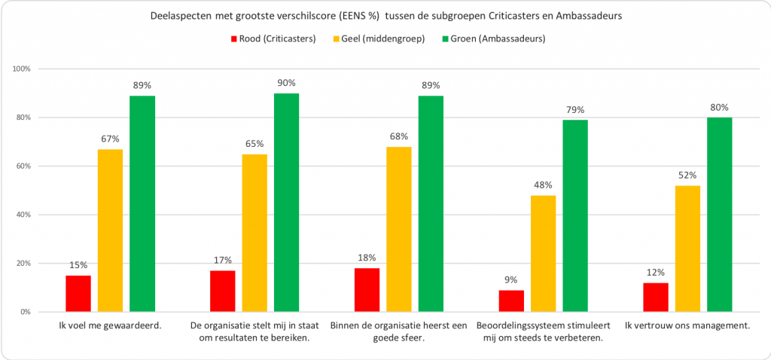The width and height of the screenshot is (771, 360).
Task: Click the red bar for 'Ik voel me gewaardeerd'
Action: click(78, 294)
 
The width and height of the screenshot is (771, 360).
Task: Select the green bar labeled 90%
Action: click(285, 203)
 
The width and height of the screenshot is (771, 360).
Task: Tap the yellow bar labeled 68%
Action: click(398, 229)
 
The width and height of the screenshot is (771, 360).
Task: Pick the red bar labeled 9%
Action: click(511, 301)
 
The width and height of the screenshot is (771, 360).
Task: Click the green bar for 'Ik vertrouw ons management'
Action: click(719, 215)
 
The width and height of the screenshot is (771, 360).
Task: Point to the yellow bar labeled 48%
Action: click(543, 253)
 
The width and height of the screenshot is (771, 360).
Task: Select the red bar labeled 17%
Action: click(222, 291)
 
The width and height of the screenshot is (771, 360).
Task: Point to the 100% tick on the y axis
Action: click(22, 69)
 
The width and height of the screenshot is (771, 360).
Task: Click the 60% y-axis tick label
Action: click(23, 166)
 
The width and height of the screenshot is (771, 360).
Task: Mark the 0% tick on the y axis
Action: click(25, 312)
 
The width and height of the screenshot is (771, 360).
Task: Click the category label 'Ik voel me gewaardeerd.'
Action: click(110, 326)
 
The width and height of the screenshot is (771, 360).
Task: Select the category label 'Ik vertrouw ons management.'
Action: click(687, 326)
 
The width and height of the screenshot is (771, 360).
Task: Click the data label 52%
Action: click(687, 176)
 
